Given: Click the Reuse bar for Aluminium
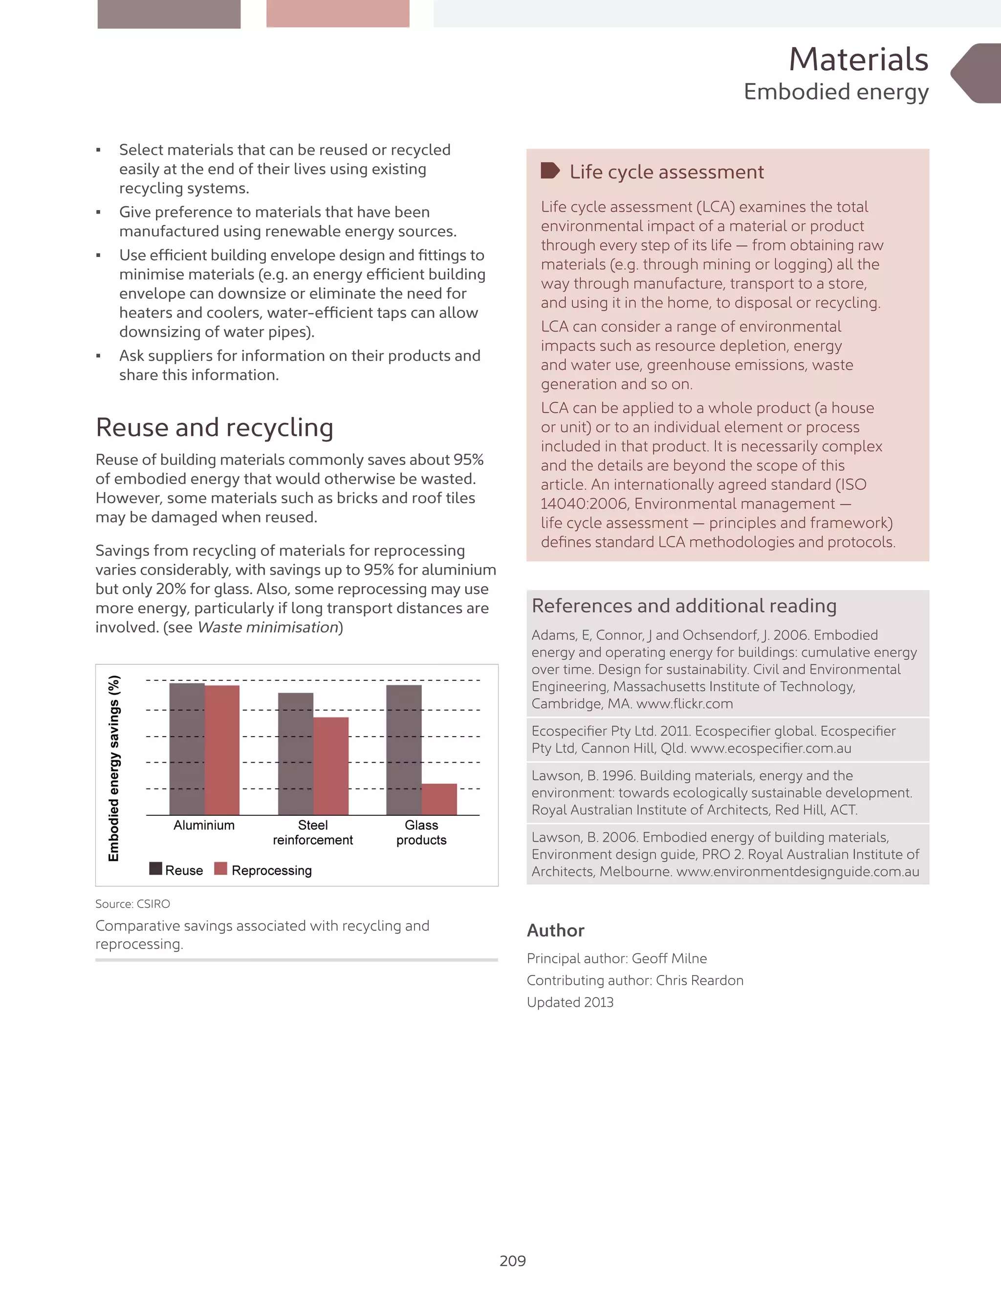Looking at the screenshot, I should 187,749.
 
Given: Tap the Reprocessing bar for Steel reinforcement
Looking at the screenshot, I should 331,766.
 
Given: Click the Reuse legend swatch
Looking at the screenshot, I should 155,869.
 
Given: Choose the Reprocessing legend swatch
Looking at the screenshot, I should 220,869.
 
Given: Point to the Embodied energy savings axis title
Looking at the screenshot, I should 114,768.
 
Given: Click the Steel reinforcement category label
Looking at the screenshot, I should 313,832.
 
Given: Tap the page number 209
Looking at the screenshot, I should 512,1260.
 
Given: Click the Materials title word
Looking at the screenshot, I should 858,60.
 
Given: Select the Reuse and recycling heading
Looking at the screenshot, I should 215,427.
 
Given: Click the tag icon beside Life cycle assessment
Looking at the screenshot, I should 549,171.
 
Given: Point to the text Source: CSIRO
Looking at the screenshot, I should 132,904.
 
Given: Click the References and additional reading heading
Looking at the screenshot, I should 684,606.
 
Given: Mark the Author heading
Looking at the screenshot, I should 555,930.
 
